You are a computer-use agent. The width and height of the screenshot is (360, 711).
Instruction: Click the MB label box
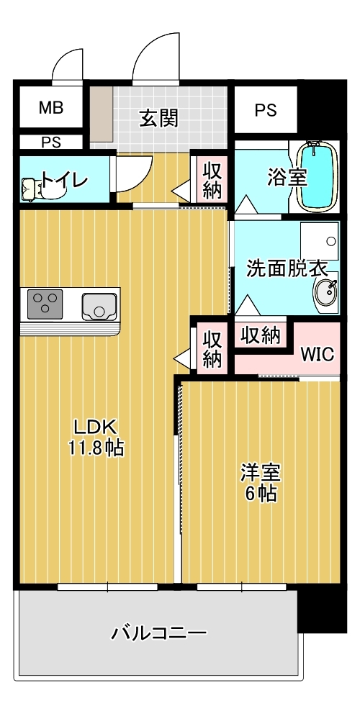[x=51, y=109]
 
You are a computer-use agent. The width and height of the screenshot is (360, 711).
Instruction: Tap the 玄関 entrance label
[x=158, y=118]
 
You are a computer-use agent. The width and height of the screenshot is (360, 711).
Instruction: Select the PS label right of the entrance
[x=265, y=110]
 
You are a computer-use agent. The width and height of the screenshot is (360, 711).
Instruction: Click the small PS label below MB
[x=51, y=142]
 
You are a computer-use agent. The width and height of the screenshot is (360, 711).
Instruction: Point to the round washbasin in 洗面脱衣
[x=326, y=294]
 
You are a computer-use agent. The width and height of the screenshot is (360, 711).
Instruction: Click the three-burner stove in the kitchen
[x=45, y=304]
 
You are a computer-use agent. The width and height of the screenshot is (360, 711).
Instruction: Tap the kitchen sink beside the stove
[x=99, y=307]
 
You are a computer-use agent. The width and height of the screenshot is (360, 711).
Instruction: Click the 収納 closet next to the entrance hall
[x=212, y=181]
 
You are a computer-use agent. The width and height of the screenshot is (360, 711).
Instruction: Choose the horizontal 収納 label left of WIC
[x=261, y=335]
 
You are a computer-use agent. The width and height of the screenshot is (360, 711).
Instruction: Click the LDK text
[x=96, y=425]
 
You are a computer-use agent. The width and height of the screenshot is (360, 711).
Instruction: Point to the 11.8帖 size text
[x=96, y=448]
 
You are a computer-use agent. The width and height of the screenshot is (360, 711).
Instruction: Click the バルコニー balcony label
[x=158, y=634]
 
